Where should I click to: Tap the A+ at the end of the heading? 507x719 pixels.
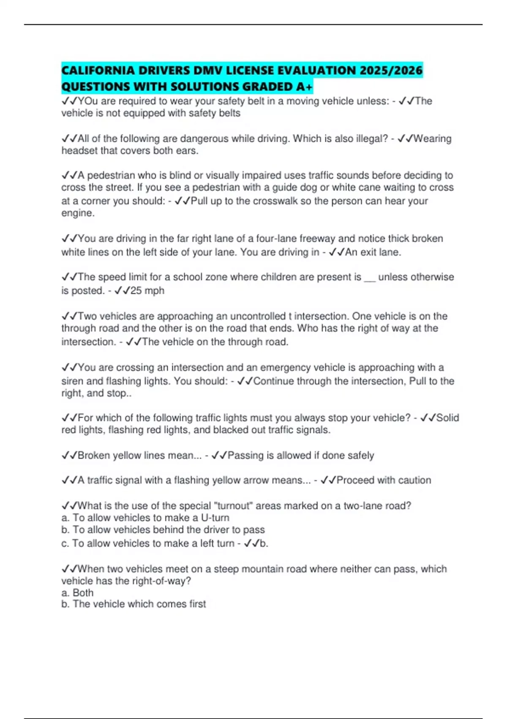[x=304, y=87]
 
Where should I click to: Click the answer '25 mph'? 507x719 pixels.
[x=147, y=291]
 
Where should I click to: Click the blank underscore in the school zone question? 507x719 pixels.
[x=369, y=278]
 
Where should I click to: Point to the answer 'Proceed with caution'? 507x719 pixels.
[x=384, y=480]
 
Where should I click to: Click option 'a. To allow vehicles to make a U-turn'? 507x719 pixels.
[x=145, y=518]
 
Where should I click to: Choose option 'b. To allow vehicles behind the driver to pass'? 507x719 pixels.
[x=163, y=530]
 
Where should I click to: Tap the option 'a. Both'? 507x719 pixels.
[x=77, y=593]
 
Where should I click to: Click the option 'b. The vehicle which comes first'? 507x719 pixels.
[x=134, y=604]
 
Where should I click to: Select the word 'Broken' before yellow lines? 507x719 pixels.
[x=93, y=456]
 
